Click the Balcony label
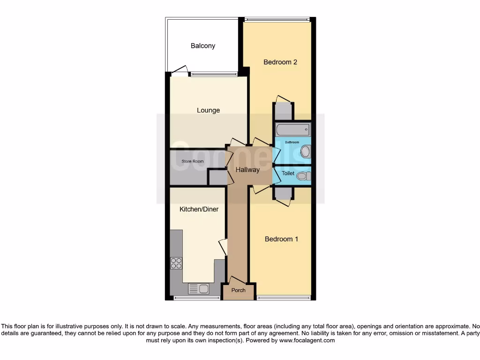click(x=202, y=46)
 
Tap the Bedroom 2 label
click(x=280, y=62)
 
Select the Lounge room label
click(x=208, y=111)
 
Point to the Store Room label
click(x=193, y=162)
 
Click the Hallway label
click(x=247, y=170)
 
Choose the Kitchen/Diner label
click(x=199, y=209)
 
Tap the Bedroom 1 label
click(x=281, y=239)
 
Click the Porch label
click(x=239, y=290)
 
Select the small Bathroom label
click(x=292, y=142)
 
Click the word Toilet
click(x=288, y=173)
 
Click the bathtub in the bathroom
click(x=292, y=129)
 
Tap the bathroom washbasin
click(x=305, y=151)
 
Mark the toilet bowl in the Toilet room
click(x=303, y=176)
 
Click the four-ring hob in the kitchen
click(x=176, y=263)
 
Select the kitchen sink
click(x=198, y=289)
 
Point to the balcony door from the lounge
click(x=179, y=72)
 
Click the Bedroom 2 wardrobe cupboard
click(x=283, y=111)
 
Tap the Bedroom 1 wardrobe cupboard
click(x=283, y=193)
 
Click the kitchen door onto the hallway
click(x=224, y=247)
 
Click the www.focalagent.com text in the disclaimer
click(x=307, y=340)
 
